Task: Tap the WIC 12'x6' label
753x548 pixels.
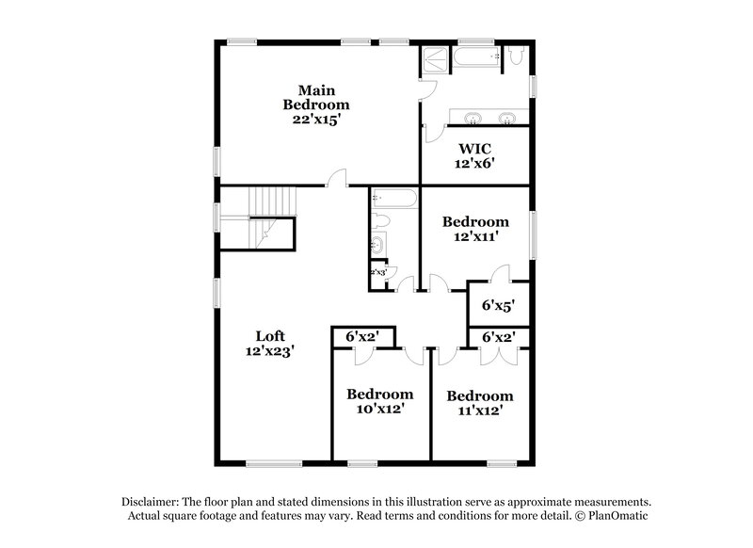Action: (x=476, y=156)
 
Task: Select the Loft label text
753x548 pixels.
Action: (x=270, y=343)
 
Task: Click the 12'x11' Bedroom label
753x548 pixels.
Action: (x=475, y=230)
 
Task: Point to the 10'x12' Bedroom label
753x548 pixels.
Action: (x=379, y=401)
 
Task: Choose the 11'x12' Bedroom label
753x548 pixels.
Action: (x=480, y=403)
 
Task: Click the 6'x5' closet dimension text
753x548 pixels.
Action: (x=499, y=306)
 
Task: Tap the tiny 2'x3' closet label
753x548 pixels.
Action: (x=379, y=272)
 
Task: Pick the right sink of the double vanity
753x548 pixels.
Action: (x=507, y=118)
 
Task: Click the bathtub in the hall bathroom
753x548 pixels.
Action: (x=393, y=199)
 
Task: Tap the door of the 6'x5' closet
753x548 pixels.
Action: (x=500, y=274)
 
